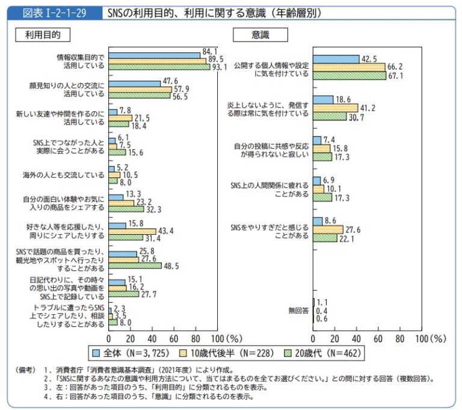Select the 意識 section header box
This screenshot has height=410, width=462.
point(260,35)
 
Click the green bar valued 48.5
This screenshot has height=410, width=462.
point(135,265)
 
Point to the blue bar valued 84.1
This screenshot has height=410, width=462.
point(155,55)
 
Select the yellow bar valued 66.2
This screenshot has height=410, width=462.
point(349,67)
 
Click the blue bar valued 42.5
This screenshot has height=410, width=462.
point(336,59)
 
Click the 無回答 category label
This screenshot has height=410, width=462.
point(298,311)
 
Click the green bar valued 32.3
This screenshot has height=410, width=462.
point(126,208)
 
